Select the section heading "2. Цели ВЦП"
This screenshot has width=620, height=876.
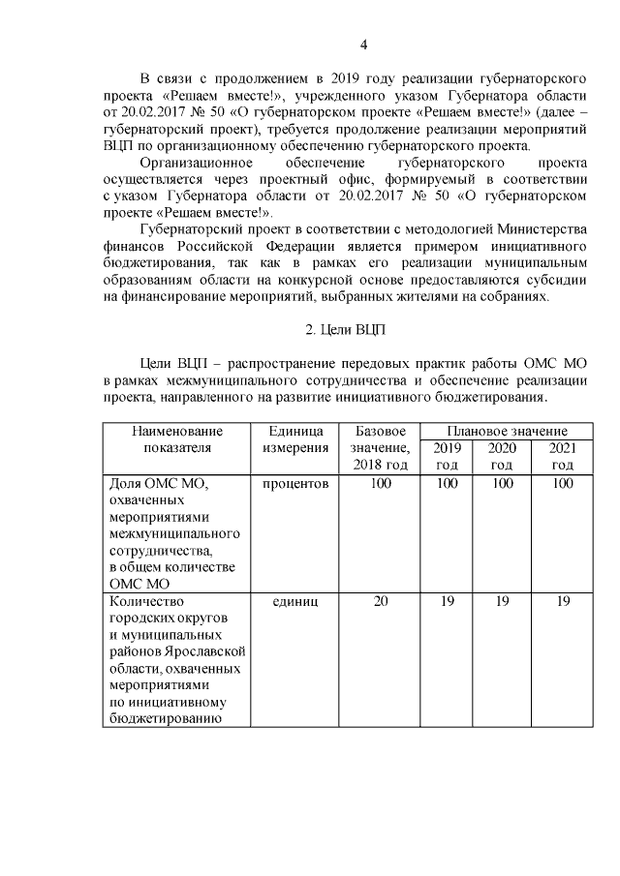tap(345, 330)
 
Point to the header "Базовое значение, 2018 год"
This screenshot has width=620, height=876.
tap(381, 447)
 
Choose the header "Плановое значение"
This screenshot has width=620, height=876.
tap(507, 430)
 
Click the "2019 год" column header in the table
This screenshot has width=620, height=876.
tap(447, 456)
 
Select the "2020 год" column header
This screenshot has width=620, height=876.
tap(501, 456)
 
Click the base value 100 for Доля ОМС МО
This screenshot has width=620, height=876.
tap(381, 483)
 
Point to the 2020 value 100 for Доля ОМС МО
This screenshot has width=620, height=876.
tap(501, 483)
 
